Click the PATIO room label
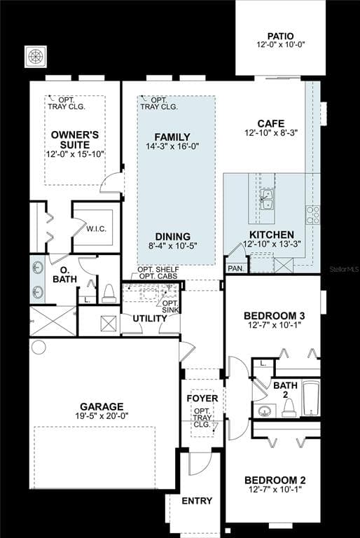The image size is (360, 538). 280,36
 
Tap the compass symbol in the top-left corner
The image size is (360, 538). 35,56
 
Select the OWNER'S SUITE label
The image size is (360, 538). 75,139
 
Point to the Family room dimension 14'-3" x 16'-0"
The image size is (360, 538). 172,146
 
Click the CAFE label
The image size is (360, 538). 271,123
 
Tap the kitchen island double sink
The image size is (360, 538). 267,199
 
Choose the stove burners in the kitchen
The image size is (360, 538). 312,215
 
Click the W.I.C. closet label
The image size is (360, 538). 96,229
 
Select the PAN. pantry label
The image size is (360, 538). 235,268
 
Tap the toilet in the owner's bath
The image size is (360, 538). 109,294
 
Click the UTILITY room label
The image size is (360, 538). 150,319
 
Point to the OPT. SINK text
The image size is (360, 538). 170,307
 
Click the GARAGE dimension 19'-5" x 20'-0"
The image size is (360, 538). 102,416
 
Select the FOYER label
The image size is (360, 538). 202,399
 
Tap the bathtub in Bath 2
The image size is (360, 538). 311,399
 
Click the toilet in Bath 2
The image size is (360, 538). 289,408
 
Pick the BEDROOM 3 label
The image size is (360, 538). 275,316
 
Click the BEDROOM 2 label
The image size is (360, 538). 275,481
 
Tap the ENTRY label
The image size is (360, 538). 197,501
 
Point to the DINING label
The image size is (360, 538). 172,236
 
